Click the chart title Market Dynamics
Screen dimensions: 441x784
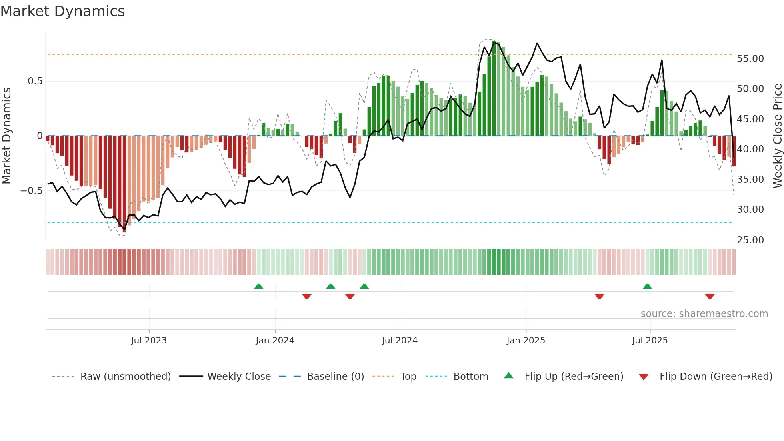(62, 11)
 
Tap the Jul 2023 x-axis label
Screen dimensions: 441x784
(149, 340)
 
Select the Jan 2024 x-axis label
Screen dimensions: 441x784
(275, 340)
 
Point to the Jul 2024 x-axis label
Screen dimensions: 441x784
(400, 340)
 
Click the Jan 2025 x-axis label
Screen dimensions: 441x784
(526, 340)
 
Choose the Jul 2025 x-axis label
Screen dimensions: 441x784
(650, 340)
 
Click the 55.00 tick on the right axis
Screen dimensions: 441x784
(750, 58)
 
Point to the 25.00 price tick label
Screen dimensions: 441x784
(750, 240)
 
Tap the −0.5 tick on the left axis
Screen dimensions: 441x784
(31, 190)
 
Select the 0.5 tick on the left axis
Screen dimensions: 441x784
(35, 81)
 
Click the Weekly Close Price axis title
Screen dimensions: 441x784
(777, 136)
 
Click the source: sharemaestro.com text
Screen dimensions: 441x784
(704, 313)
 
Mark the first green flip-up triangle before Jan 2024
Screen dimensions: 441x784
(259, 286)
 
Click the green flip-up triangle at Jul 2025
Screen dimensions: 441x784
(647, 286)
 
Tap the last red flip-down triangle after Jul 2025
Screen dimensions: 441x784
(710, 297)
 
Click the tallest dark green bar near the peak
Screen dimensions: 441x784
(494, 88)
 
